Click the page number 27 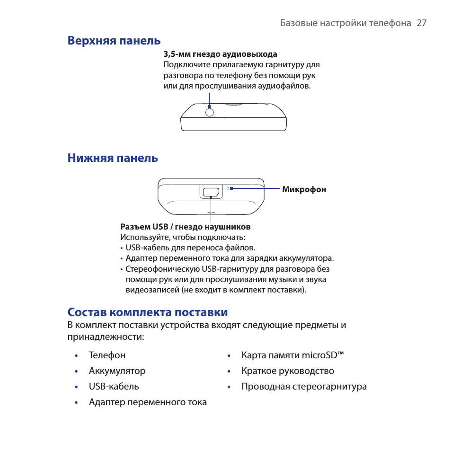point(422,23)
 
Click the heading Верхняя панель point(114,41)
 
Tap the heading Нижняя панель point(113,158)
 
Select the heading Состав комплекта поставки point(147,312)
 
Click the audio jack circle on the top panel point(209,112)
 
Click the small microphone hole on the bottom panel point(228,188)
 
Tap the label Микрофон point(304,190)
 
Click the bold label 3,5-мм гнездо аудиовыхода point(220,54)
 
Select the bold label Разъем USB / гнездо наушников point(185,227)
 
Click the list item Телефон point(107,355)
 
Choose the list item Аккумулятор point(117,371)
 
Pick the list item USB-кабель point(114,386)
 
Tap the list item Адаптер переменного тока point(148,402)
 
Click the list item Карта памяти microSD point(292,355)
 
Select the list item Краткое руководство point(288,371)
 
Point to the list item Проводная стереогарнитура point(304,386)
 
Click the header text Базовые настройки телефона point(346,23)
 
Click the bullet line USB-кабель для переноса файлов point(190,248)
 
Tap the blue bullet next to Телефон point(76,355)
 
